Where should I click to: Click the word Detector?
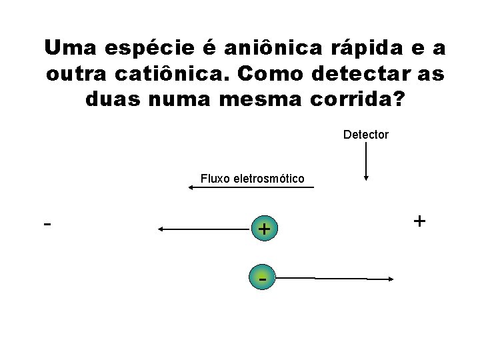(365, 135)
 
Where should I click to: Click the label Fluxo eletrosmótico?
(252, 179)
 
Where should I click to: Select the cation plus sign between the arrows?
(264, 229)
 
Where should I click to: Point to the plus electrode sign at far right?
(419, 221)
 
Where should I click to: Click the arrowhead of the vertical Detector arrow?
(365, 177)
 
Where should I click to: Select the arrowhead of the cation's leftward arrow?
(162, 229)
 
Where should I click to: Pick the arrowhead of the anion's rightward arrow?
(392, 281)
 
